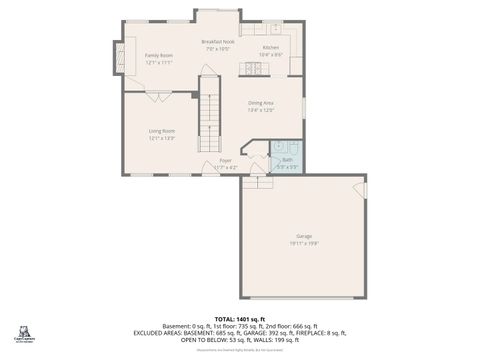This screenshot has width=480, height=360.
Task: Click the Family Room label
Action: [x=159, y=55]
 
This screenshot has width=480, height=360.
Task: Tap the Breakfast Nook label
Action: [x=218, y=41]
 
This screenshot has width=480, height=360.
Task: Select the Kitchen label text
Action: [x=271, y=47]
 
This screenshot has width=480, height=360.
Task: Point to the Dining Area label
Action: [x=261, y=103]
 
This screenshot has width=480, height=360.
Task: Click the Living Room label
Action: [x=162, y=131]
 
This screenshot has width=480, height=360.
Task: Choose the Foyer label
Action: [x=226, y=160]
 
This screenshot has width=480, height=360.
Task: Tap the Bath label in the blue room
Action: [x=287, y=159]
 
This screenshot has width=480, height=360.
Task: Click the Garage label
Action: [x=303, y=235]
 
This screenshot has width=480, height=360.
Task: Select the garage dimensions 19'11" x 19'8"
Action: [x=303, y=242]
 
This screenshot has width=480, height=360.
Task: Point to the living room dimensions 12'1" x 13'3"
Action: [x=162, y=138]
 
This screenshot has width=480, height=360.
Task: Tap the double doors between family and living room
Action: [x=158, y=96]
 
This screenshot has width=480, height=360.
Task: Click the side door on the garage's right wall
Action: [x=366, y=188]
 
